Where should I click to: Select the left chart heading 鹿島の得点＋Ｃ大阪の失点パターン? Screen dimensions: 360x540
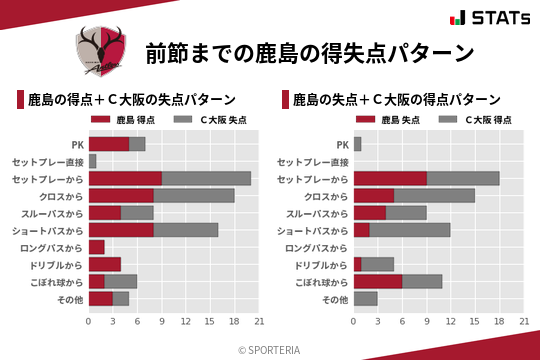point(131,100)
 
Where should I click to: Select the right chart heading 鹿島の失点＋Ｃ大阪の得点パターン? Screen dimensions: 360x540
point(396,100)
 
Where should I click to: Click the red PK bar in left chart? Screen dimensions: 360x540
point(109,143)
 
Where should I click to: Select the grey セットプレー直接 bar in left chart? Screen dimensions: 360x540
point(93,160)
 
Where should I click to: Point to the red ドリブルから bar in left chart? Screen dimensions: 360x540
point(105,264)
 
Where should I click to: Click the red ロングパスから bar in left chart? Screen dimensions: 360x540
point(97,247)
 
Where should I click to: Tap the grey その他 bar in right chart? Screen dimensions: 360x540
point(365,299)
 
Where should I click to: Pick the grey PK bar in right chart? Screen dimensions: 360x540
point(357,143)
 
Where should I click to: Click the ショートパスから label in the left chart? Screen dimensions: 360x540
point(49,230)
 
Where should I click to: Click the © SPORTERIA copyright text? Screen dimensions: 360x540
point(270,348)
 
